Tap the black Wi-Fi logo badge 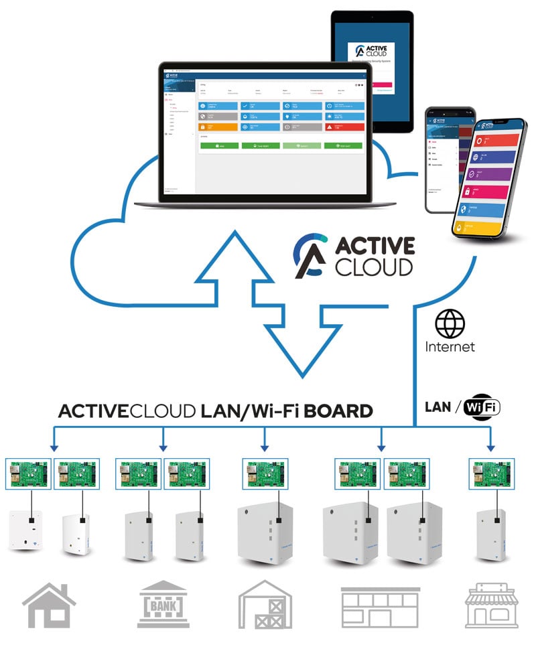482,407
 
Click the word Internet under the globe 450,346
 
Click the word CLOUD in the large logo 374,267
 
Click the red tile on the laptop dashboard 344,127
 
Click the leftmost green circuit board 28,474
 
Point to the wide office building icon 380,606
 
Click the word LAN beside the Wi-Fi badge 438,407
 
